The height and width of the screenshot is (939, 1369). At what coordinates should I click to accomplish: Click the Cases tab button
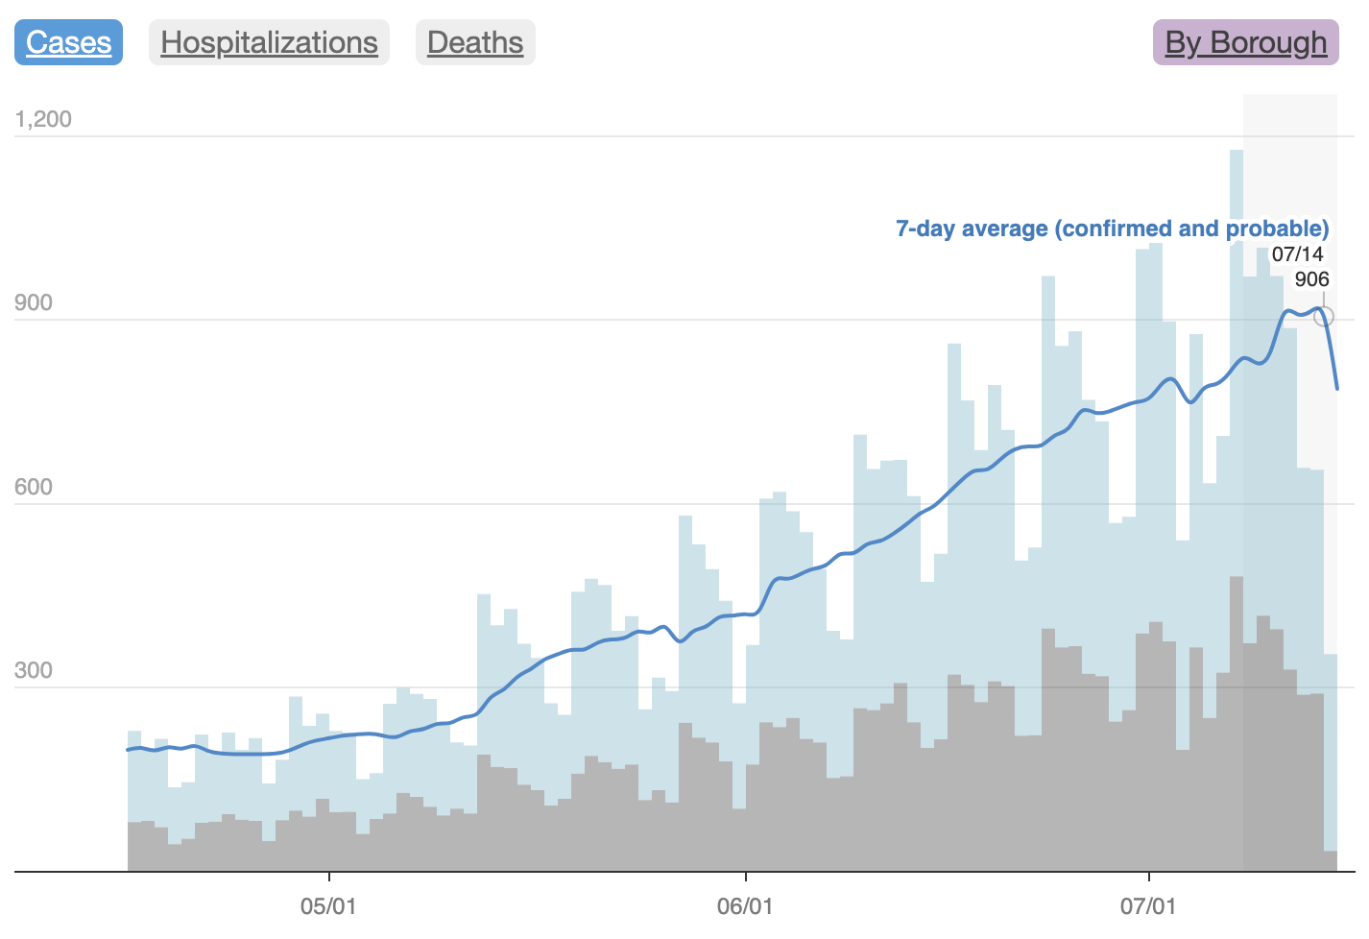point(68,42)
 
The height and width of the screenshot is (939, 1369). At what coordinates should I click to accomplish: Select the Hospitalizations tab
point(269,42)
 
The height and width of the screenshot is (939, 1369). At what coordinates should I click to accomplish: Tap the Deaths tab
point(475,42)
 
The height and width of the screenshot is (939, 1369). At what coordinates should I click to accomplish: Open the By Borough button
point(1245,42)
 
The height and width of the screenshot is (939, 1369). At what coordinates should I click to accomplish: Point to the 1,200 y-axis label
point(43,119)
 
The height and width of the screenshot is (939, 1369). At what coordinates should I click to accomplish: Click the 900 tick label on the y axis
point(34,302)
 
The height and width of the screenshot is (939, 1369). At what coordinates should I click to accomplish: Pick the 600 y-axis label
point(34,487)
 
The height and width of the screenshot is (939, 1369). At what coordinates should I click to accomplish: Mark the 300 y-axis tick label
point(34,670)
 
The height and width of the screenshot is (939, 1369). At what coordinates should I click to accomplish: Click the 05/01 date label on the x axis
point(328,906)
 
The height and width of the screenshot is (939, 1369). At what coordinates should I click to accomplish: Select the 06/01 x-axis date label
point(745,906)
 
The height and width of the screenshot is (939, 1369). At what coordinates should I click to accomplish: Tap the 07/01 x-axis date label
point(1148,906)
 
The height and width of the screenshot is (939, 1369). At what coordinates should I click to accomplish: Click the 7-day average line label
point(1112,229)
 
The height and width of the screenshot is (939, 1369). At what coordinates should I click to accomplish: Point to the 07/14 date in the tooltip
point(1297,254)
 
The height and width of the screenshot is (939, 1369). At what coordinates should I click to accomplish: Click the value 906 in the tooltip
point(1311,279)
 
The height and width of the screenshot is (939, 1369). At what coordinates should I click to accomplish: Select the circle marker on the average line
point(1323,316)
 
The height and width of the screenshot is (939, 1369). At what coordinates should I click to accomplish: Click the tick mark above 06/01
point(746,877)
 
